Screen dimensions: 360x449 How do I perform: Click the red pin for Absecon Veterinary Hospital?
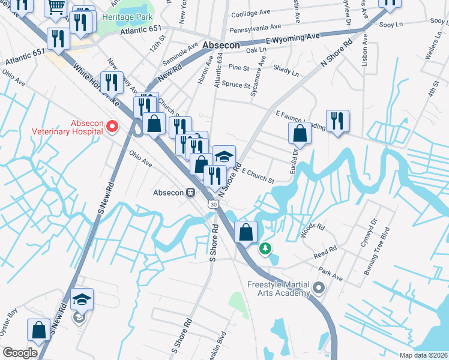click(x=112, y=126)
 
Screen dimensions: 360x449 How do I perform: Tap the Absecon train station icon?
click(x=190, y=193)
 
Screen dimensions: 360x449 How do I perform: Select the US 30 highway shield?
click(x=214, y=205)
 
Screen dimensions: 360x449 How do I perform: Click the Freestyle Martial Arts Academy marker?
click(x=318, y=289)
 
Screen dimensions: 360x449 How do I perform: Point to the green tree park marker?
click(x=264, y=247)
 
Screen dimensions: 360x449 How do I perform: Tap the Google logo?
click(x=19, y=353)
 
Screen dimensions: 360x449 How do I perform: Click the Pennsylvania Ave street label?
click(x=255, y=27)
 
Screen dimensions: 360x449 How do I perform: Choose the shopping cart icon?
click(x=56, y=7)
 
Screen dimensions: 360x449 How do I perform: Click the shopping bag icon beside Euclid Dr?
click(x=300, y=134)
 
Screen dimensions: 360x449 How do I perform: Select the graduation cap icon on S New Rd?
click(x=82, y=299)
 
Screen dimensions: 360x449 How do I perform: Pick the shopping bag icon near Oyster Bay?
click(x=39, y=329)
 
